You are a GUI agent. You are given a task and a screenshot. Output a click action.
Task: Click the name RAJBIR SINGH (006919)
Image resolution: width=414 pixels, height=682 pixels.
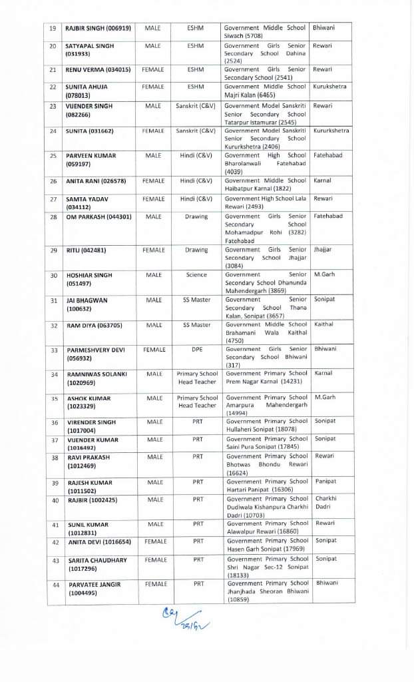point(98,28)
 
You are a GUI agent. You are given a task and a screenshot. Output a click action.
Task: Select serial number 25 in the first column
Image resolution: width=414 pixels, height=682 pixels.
point(53,156)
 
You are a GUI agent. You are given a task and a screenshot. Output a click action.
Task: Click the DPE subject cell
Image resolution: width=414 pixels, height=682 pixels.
point(197,349)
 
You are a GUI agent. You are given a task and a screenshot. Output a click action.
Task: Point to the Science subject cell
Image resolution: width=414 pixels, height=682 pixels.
point(196,275)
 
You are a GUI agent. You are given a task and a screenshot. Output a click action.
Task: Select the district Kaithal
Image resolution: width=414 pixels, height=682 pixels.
point(323,324)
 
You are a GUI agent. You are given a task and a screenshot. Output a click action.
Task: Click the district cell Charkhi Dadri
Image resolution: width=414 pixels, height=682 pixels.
point(326,503)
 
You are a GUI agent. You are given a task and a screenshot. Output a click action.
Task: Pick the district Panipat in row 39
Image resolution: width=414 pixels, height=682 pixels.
point(325,482)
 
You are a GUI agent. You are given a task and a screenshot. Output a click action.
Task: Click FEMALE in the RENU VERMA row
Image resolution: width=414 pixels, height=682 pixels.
point(153,69)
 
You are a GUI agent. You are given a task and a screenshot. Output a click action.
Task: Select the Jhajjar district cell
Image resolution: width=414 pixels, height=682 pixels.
point(323,250)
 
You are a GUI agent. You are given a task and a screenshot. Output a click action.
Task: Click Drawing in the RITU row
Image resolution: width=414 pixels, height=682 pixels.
point(196,250)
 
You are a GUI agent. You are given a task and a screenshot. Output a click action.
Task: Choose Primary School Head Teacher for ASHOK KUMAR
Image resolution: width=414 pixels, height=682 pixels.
point(197,402)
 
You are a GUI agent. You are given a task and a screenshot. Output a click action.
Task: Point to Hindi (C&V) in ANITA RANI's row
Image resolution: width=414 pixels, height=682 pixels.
point(196,180)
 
